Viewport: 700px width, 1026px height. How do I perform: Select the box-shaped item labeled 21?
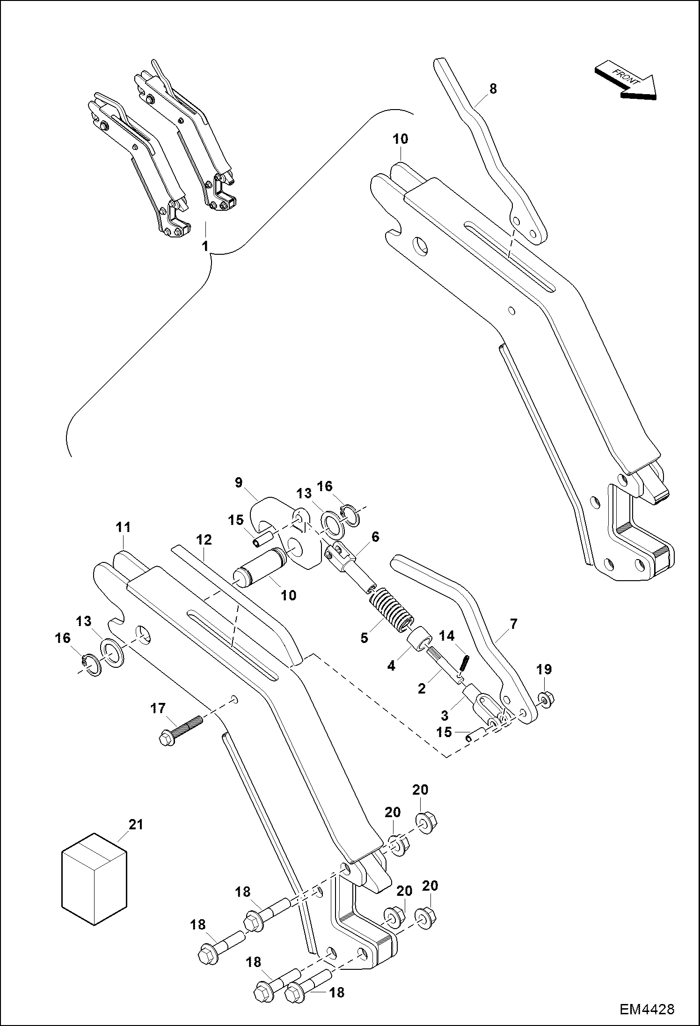[95, 878]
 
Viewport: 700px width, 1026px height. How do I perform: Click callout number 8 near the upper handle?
[493, 89]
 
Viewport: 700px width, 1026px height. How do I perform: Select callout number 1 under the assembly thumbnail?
[204, 245]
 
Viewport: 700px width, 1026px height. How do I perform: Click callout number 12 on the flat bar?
[204, 539]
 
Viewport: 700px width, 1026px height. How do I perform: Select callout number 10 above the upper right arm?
[401, 139]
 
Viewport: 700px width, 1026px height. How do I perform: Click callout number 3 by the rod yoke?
[445, 715]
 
